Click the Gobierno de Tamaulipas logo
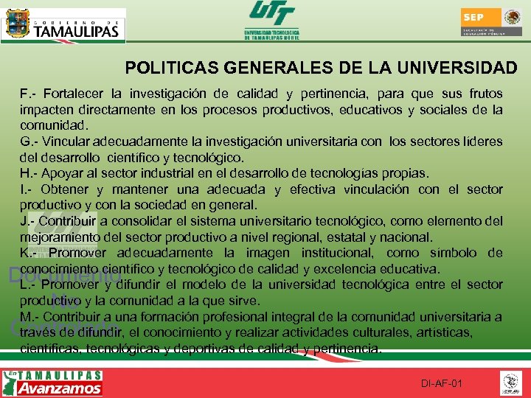(x=63, y=26)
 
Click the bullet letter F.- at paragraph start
(x=28, y=94)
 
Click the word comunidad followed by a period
(x=54, y=125)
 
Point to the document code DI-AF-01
(x=442, y=384)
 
